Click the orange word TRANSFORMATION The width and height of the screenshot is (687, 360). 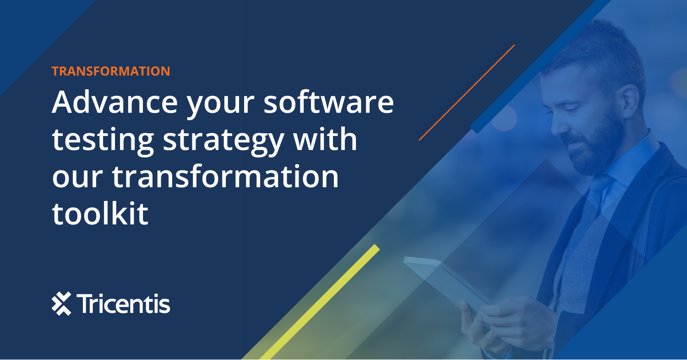pyautogui.click(x=111, y=71)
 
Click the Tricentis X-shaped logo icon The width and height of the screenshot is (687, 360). pyautogui.click(x=61, y=304)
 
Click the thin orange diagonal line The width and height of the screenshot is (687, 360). pyautogui.click(x=467, y=92)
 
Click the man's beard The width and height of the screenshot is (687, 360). pyautogui.click(x=595, y=147)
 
